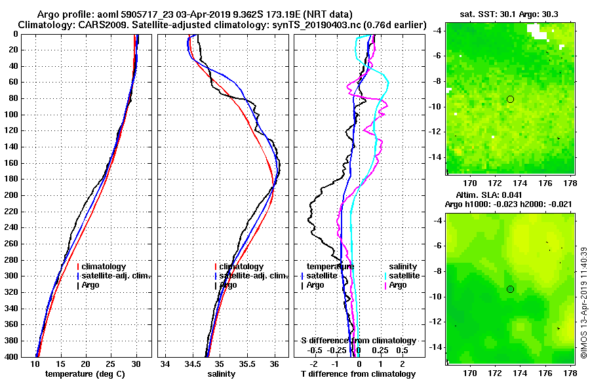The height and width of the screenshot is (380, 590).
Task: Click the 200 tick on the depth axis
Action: (x=14, y=195)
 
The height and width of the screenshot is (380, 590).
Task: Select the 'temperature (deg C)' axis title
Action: (x=85, y=374)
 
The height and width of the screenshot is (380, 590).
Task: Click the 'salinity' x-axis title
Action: (x=222, y=374)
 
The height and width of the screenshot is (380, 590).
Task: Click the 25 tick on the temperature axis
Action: (x=111, y=364)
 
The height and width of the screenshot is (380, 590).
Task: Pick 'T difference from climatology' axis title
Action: (x=358, y=374)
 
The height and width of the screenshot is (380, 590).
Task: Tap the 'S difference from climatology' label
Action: (x=358, y=341)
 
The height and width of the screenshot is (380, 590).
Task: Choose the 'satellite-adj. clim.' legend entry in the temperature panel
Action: (x=117, y=276)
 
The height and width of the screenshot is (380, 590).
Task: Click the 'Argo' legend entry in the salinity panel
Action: (x=228, y=285)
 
